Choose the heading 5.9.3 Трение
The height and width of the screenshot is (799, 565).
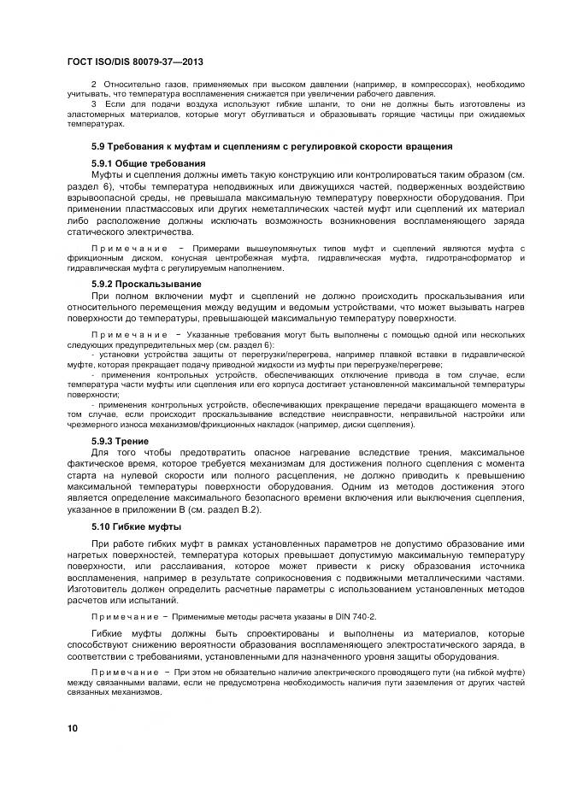click(120, 441)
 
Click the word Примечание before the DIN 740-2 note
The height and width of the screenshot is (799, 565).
click(128, 615)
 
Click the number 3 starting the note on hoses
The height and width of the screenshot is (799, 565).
click(94, 103)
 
